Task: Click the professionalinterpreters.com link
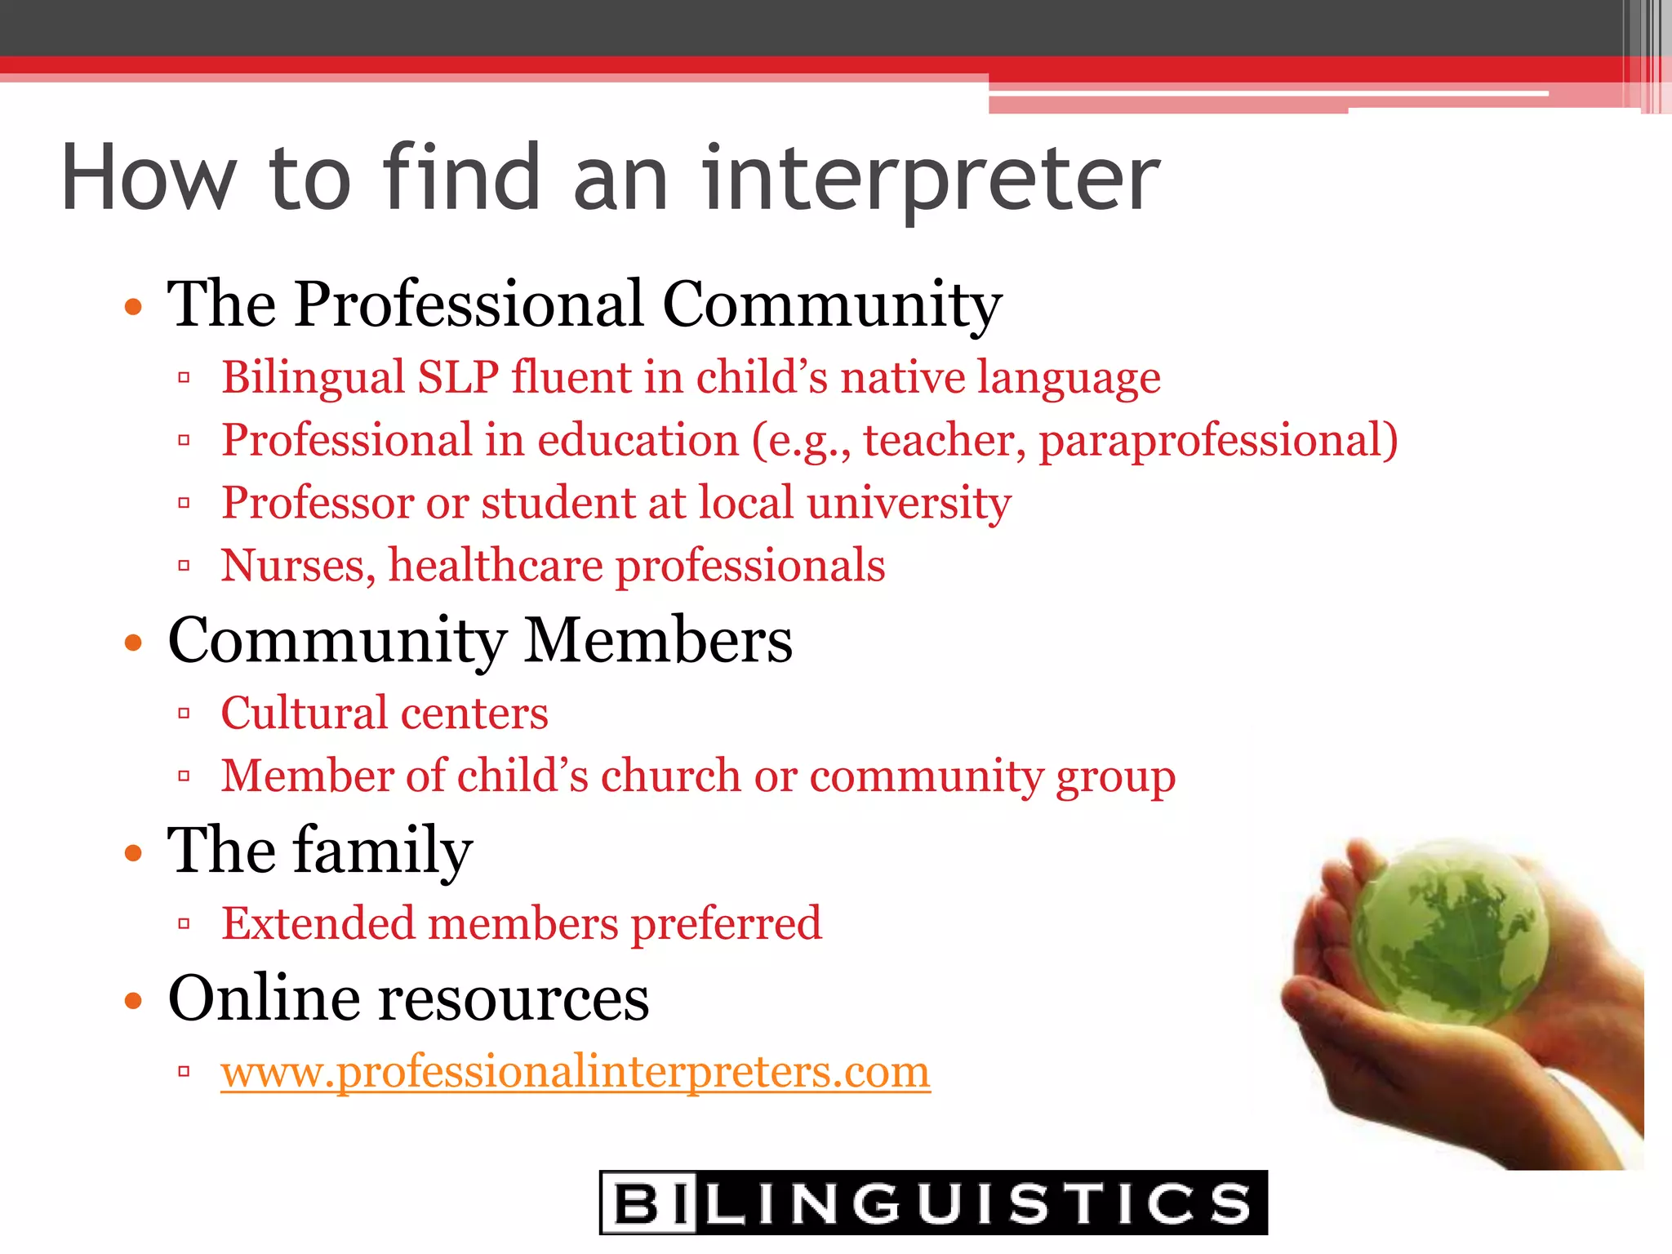pyautogui.click(x=575, y=1071)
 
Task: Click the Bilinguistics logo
pyautogui.click(x=933, y=1202)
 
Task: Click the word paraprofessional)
pyautogui.click(x=1218, y=441)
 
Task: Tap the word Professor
pyautogui.click(x=318, y=503)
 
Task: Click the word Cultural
pyautogui.click(x=305, y=713)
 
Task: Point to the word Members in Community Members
pyautogui.click(x=658, y=640)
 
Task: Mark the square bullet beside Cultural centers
pyautogui.click(x=184, y=714)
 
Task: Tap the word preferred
pyautogui.click(x=726, y=923)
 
